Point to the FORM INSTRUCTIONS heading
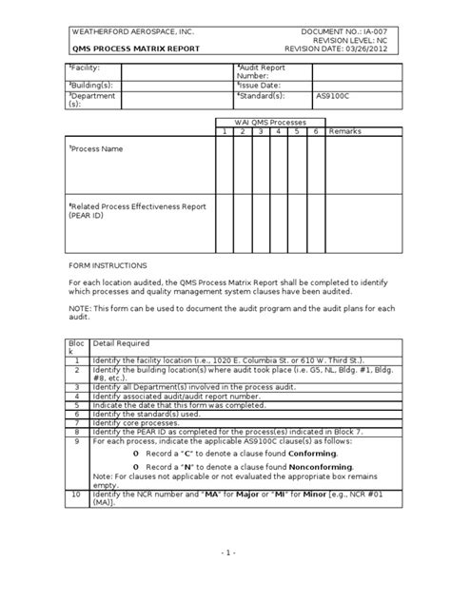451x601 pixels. click(x=107, y=266)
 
